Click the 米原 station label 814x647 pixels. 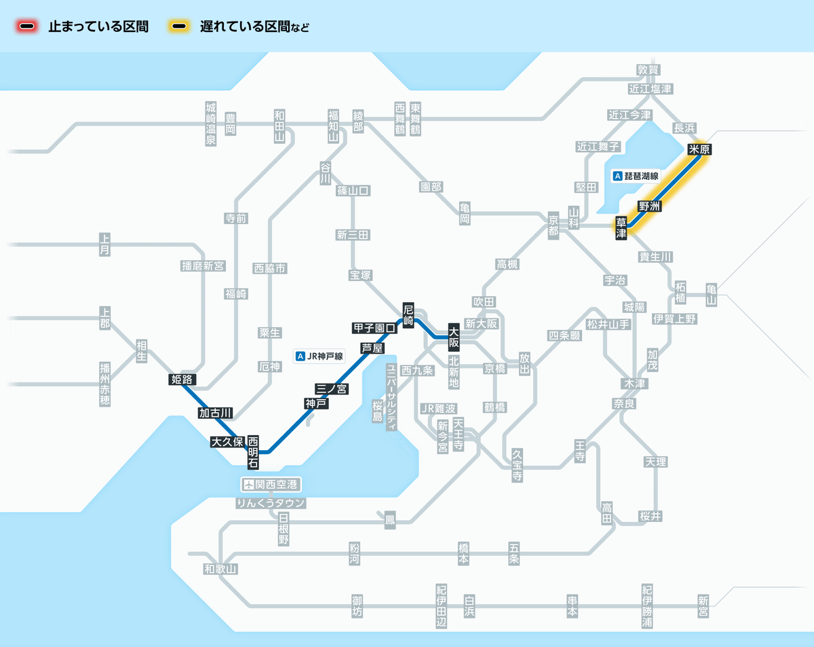coord(703,149)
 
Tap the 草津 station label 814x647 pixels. coord(621,228)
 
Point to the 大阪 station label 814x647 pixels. coord(454,337)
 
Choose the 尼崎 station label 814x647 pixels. coord(408,315)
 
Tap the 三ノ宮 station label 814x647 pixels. coord(332,388)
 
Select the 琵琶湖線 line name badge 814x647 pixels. coord(636,176)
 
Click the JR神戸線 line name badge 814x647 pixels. coord(320,355)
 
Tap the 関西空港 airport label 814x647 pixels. coord(271,485)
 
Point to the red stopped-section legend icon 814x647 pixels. coord(28,27)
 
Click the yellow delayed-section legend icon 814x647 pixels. coord(180,27)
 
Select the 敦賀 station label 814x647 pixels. coord(648,70)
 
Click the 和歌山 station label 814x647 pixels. coord(221,569)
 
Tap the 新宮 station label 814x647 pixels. coord(703,606)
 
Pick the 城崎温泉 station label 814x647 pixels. coord(210,124)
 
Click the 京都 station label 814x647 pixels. coord(554,225)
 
